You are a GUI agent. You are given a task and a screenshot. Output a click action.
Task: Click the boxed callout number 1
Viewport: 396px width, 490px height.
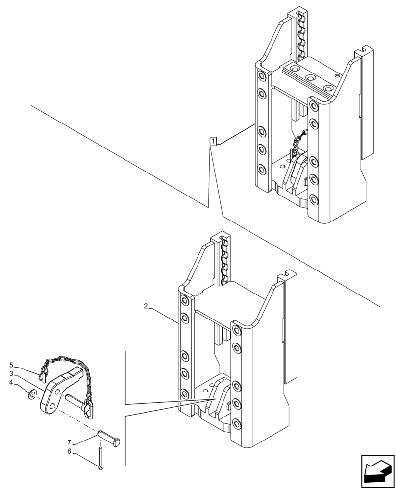[213, 142]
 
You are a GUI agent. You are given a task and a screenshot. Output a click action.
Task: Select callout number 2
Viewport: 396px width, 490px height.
[146, 306]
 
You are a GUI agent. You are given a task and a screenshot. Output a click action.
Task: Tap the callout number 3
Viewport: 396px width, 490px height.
[11, 374]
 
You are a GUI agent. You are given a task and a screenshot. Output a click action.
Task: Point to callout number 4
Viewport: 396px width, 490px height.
[11, 383]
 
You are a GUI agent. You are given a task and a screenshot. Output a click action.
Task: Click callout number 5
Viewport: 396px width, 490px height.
[11, 365]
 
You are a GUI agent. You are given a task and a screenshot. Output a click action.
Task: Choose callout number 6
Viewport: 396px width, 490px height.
[69, 451]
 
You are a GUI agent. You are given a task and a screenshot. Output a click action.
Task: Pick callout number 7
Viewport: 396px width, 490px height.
[69, 442]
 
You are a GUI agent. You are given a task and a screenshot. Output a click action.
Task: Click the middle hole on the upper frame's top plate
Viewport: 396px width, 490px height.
[310, 77]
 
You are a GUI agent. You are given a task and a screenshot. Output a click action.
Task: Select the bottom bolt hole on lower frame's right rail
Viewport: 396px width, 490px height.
[237, 424]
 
